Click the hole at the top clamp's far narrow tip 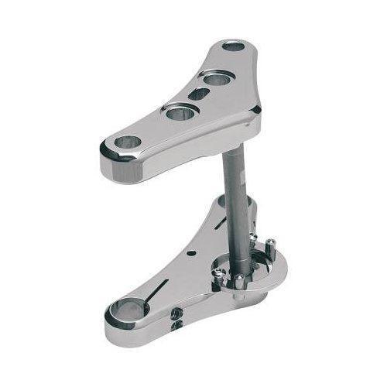coord(232,46)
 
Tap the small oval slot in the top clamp coord(198,94)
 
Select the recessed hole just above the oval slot coord(214,77)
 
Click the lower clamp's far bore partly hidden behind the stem coord(224,203)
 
